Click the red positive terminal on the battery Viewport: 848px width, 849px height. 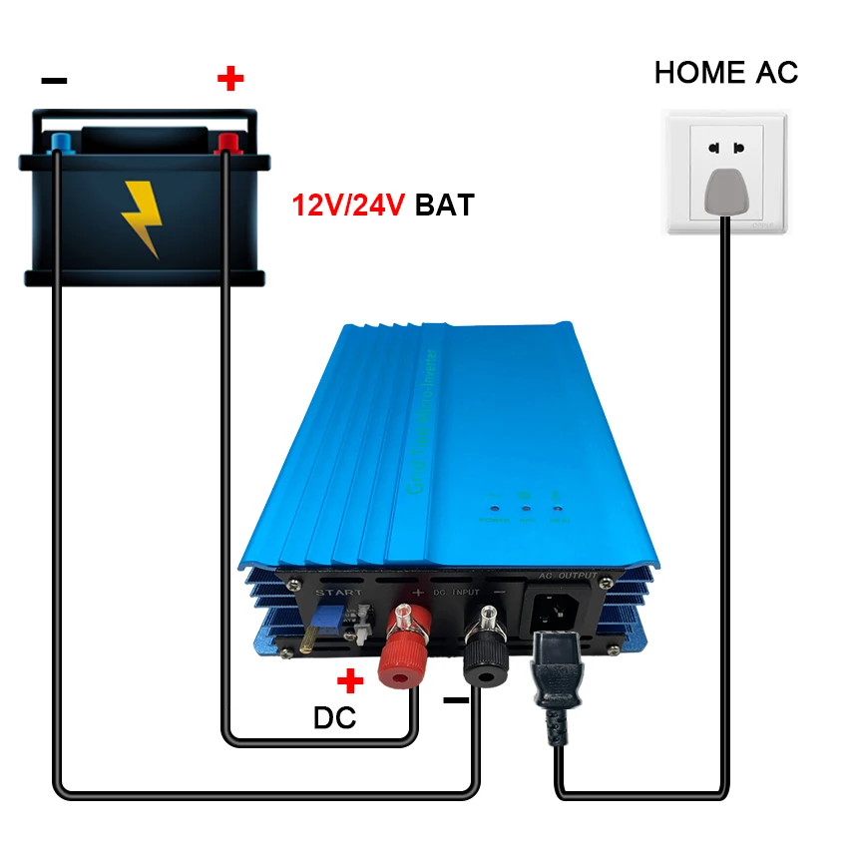coord(228,142)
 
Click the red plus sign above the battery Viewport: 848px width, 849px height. coord(230,77)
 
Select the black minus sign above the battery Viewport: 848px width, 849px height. coord(54,81)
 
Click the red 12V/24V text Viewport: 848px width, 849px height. coord(347,206)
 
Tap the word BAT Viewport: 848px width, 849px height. coord(444,206)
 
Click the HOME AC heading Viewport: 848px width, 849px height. coord(725,72)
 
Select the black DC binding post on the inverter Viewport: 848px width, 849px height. coord(488,647)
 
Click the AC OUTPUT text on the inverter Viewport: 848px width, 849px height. coord(568,576)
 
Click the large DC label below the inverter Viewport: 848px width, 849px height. coord(335,717)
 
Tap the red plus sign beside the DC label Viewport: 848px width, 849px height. coord(350,681)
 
